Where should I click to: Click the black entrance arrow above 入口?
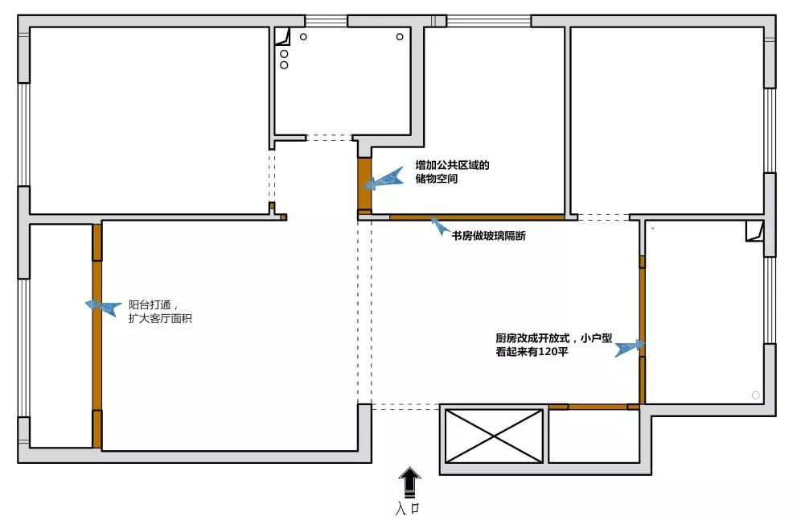[x=409, y=482]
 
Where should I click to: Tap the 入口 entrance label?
[x=408, y=508]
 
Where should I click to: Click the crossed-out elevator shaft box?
[x=494, y=436]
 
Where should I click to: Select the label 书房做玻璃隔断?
[x=488, y=236]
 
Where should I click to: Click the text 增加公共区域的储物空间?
[x=452, y=172]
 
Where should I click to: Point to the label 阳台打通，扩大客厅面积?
[x=160, y=312]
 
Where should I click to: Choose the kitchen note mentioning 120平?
[x=554, y=345]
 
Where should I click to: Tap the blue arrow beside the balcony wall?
[x=103, y=307]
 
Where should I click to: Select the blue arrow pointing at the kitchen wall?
[x=630, y=348]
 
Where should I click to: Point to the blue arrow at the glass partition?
[x=440, y=225]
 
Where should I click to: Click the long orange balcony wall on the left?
[x=97, y=336]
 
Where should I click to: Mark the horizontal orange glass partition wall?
[x=477, y=217]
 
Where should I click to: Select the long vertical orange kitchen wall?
[x=642, y=330]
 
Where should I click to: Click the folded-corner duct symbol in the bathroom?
[x=282, y=37]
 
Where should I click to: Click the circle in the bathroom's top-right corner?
[x=400, y=37]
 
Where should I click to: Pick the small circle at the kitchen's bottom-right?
[x=755, y=395]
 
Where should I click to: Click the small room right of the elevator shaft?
[x=594, y=436]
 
